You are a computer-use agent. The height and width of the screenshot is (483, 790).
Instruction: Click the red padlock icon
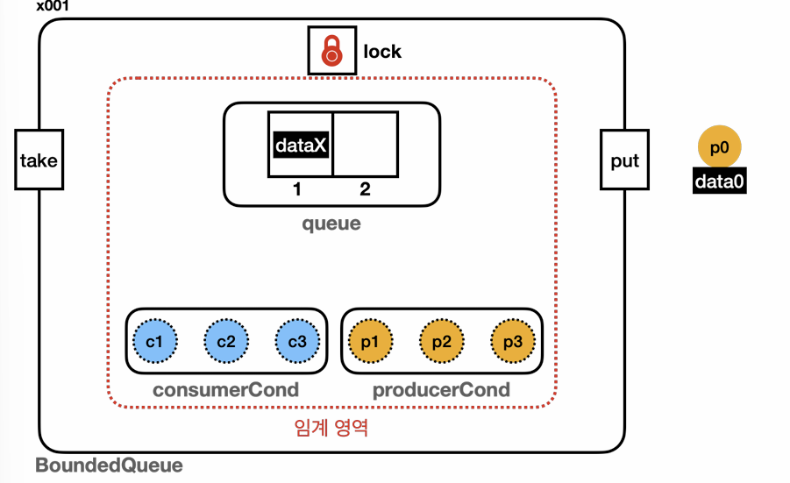[332, 51]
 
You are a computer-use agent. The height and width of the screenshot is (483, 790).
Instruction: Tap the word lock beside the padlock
[382, 52]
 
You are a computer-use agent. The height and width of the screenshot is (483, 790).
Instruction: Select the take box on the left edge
[39, 160]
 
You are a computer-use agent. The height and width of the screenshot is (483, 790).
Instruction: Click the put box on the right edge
[625, 160]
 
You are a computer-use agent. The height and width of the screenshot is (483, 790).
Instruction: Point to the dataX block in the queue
[301, 145]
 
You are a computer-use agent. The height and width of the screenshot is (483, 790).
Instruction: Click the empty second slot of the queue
[366, 145]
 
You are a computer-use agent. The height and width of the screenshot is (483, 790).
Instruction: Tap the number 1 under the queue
[297, 189]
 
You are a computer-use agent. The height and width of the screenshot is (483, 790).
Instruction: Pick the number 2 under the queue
[366, 189]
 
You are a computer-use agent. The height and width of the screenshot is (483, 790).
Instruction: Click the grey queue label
[331, 224]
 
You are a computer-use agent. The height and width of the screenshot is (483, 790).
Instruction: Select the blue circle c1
[154, 341]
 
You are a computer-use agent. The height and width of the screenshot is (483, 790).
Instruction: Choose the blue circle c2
[226, 341]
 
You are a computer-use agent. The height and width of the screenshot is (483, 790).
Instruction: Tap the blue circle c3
[297, 341]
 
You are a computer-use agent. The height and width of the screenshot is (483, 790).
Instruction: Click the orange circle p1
[370, 341]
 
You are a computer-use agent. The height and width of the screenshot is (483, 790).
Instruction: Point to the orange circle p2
[442, 341]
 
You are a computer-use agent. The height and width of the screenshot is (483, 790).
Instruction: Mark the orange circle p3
[513, 341]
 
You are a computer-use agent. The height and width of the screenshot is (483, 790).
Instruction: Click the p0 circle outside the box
[720, 147]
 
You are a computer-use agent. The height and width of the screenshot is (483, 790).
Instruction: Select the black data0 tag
[720, 181]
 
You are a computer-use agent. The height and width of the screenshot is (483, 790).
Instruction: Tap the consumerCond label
[225, 390]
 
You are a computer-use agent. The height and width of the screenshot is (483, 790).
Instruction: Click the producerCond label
[441, 390]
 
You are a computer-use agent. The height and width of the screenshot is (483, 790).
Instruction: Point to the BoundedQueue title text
[110, 465]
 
